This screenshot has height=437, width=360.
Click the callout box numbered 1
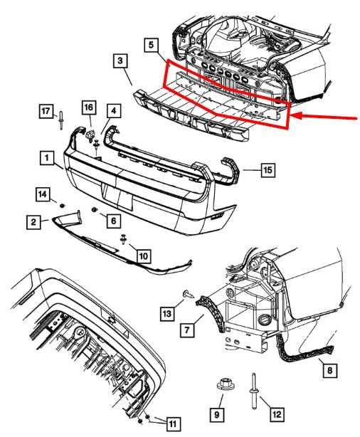pyautogui.click(x=45, y=156)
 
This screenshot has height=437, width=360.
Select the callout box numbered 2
pyautogui.click(x=33, y=223)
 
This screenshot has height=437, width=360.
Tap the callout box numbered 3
pyautogui.click(x=121, y=61)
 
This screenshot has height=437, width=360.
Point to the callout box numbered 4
pyautogui.click(x=114, y=110)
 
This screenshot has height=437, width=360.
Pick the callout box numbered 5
pyautogui.click(x=151, y=45)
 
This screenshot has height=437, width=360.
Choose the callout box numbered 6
pyautogui.click(x=113, y=221)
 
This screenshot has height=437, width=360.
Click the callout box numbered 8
pyautogui.click(x=328, y=369)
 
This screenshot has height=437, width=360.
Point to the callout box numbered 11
pyautogui.click(x=172, y=423)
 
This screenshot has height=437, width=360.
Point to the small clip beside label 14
pyautogui.click(x=62, y=206)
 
